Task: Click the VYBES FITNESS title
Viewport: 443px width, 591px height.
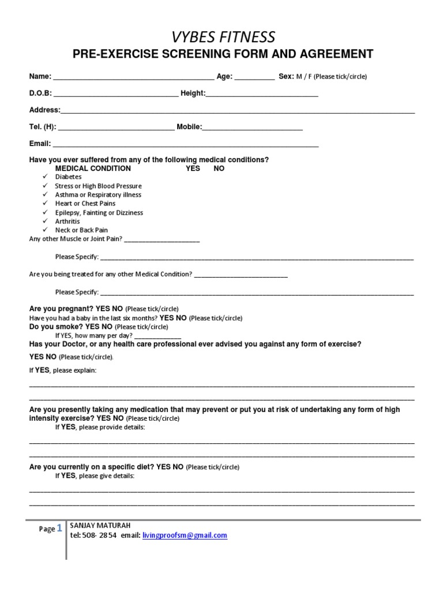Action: coord(223,37)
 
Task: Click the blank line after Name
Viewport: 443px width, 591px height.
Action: coord(133,77)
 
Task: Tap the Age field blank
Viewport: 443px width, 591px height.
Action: coord(254,77)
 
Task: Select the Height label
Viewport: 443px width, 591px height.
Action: coord(193,93)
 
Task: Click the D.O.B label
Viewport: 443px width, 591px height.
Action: coord(40,93)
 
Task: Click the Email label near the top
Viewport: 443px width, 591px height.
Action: coord(40,144)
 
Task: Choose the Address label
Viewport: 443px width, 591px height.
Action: coord(44,110)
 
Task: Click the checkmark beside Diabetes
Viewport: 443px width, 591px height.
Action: coord(44,177)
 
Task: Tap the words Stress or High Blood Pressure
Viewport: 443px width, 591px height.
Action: coord(98,186)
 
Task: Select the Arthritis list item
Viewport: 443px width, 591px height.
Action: coord(67,221)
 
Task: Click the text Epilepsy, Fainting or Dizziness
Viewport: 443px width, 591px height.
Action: coord(99,212)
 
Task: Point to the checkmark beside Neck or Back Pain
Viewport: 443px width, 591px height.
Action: coord(44,230)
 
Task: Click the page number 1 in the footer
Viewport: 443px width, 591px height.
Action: coord(59,528)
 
